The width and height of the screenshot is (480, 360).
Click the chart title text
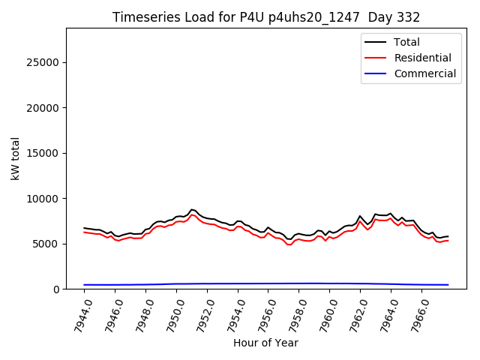click(x=266, y=17)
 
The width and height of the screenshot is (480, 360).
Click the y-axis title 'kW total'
click(x=16, y=158)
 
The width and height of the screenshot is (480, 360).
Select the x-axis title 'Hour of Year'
click(x=265, y=343)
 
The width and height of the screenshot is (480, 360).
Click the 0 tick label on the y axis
click(x=57, y=289)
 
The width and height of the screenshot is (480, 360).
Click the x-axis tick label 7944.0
click(x=77, y=314)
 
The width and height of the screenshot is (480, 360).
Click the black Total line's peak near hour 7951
click(x=192, y=209)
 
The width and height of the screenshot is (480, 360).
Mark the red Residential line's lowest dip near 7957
click(x=289, y=244)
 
